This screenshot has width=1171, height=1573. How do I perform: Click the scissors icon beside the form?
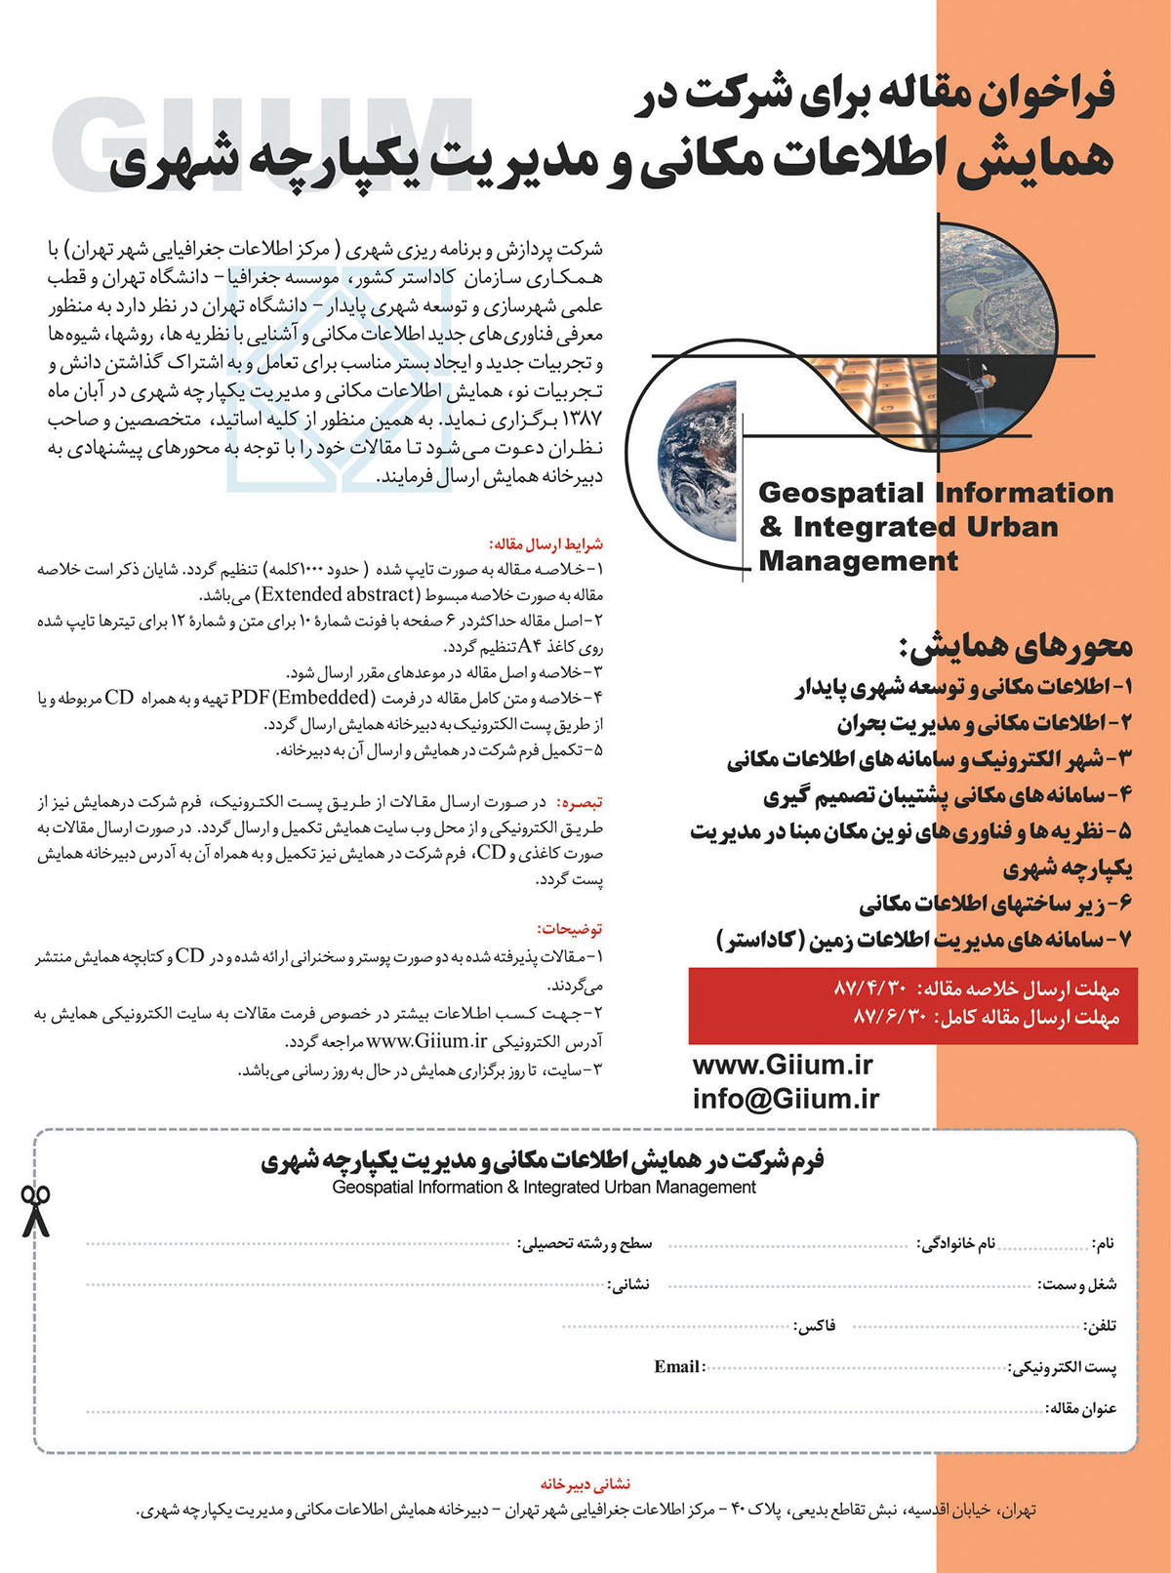click(36, 1211)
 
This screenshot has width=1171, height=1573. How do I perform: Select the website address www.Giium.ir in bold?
click(783, 1065)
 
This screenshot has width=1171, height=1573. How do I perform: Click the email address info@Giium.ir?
click(786, 1099)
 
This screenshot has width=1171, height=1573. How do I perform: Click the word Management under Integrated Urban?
click(858, 562)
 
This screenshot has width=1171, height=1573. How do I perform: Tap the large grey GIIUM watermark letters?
click(263, 141)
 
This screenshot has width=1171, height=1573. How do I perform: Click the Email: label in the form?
click(679, 1367)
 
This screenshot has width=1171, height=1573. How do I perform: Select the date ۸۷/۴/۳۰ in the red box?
click(871, 988)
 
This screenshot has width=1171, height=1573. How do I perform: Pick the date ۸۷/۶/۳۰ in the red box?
click(889, 1018)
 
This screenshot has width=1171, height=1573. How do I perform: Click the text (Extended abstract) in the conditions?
click(338, 594)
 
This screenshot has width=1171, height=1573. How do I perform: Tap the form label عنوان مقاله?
click(1081, 1408)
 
